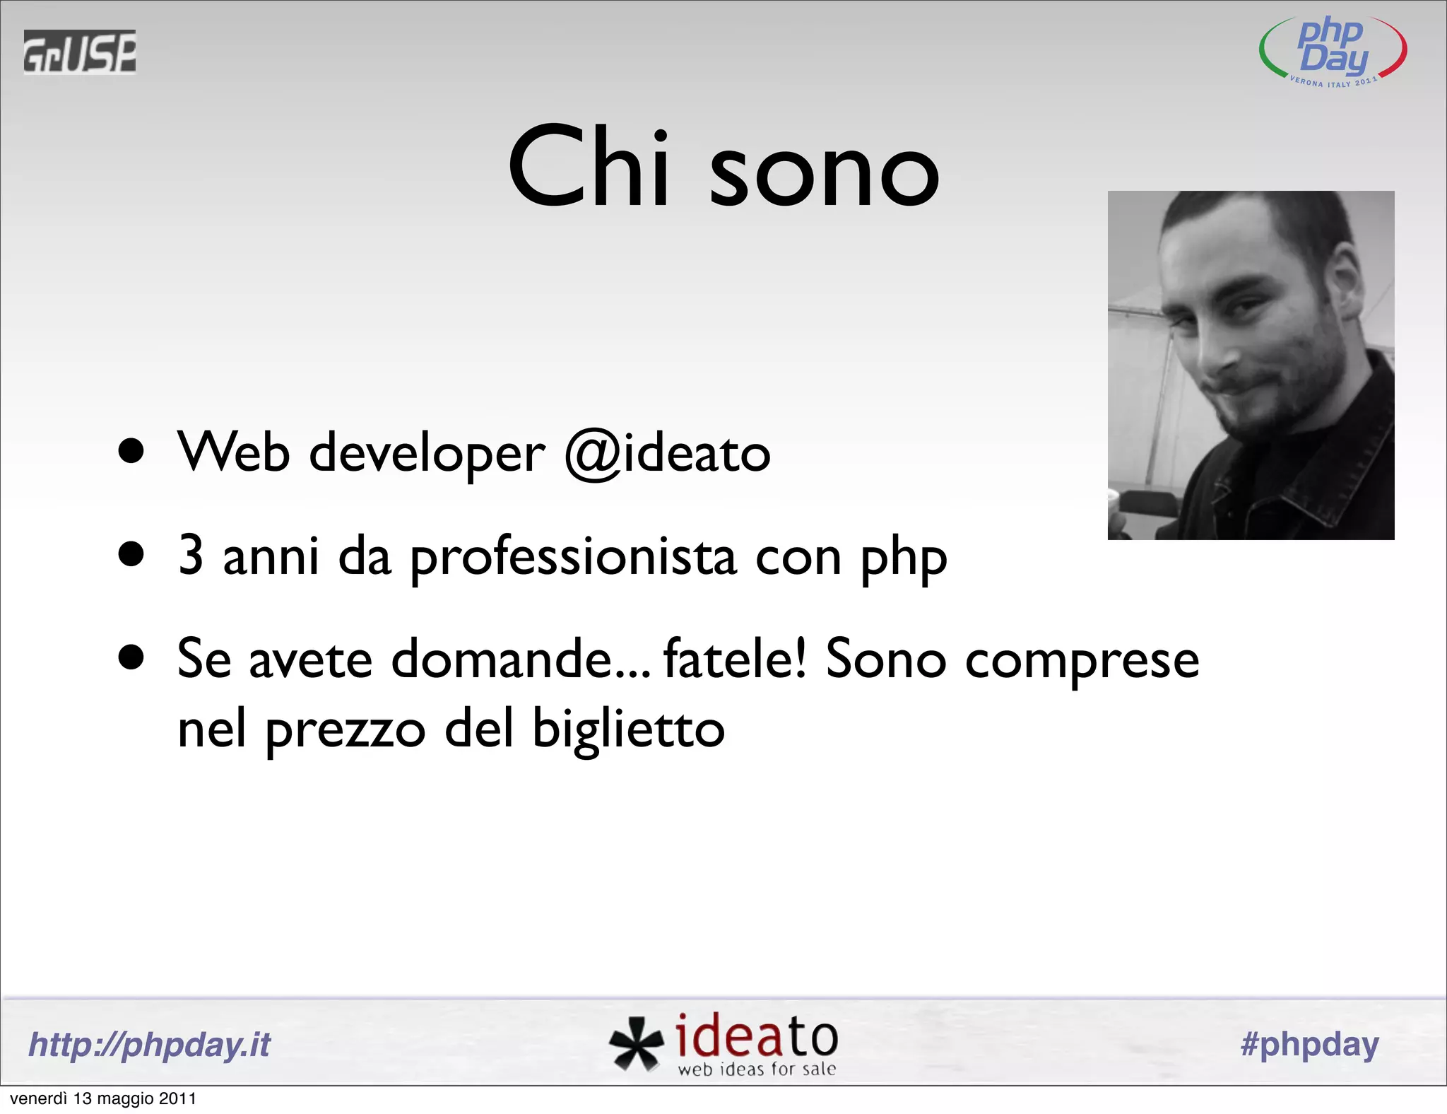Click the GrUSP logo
[79, 52]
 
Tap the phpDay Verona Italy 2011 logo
[1333, 51]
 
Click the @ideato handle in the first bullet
[667, 454]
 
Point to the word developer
[427, 454]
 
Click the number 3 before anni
[191, 556]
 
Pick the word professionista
[573, 558]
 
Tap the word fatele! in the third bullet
[735, 659]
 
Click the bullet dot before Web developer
[131, 452]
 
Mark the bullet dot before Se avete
[131, 657]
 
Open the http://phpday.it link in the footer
[149, 1045]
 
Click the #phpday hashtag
[1309, 1045]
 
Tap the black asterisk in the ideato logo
[636, 1042]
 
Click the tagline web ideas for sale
[757, 1069]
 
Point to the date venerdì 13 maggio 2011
[103, 1098]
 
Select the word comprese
[1082, 660]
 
